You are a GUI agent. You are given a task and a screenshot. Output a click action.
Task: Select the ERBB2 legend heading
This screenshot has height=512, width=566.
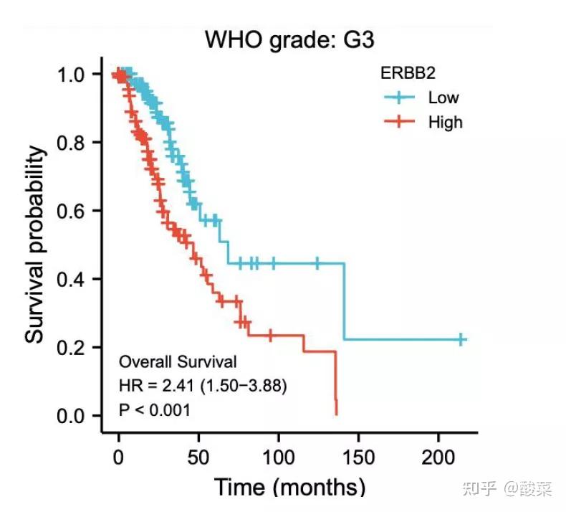[408, 72]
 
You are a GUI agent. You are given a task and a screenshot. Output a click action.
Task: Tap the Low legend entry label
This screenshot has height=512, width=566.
[443, 98]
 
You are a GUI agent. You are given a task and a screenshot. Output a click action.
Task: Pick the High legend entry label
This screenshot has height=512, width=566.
[445, 122]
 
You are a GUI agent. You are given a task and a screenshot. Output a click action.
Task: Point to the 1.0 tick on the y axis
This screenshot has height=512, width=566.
[74, 74]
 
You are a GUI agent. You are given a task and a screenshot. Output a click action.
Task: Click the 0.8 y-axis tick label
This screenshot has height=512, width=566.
[74, 142]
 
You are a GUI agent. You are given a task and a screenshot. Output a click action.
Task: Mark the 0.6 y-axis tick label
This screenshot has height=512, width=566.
[74, 211]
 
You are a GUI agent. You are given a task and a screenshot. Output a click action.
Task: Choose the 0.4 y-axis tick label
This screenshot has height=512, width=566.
[74, 279]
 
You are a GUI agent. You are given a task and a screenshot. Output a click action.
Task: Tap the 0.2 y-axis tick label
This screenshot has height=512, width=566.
[74, 347]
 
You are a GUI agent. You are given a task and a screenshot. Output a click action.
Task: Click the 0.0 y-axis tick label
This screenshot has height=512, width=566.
[74, 416]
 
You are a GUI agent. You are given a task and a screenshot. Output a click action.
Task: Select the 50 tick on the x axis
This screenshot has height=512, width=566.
[198, 456]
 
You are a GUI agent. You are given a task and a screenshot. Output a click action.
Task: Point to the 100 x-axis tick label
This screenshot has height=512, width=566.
[279, 456]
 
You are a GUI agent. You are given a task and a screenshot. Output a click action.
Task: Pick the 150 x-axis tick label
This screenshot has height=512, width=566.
[359, 456]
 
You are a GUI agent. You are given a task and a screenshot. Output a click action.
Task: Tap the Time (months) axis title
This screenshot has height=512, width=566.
[289, 488]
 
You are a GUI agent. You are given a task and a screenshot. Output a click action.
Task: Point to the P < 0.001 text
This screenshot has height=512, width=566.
[155, 410]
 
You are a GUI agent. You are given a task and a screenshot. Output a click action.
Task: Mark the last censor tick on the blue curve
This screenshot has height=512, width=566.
[461, 340]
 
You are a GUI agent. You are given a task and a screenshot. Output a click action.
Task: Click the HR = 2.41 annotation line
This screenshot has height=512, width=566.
[203, 387]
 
